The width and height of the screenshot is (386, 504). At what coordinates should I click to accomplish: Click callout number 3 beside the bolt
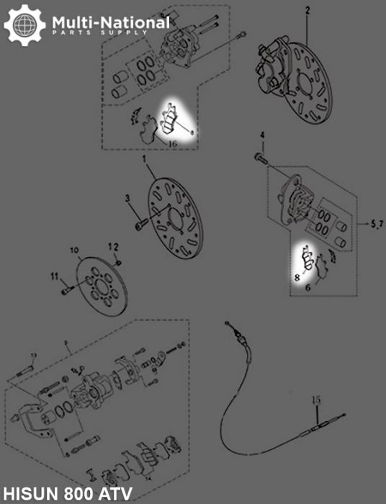pyautogui.click(x=127, y=198)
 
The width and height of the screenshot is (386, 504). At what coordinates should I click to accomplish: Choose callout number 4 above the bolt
pyautogui.click(x=262, y=135)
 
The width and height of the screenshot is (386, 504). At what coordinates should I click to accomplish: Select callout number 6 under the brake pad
pyautogui.click(x=307, y=287)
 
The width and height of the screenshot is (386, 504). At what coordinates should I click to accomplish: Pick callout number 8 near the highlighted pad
pyautogui.click(x=297, y=276)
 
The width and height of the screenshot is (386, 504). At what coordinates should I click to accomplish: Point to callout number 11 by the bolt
pyautogui.click(x=53, y=276)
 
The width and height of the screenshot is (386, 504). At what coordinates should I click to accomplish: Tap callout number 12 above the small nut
pyautogui.click(x=113, y=247)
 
